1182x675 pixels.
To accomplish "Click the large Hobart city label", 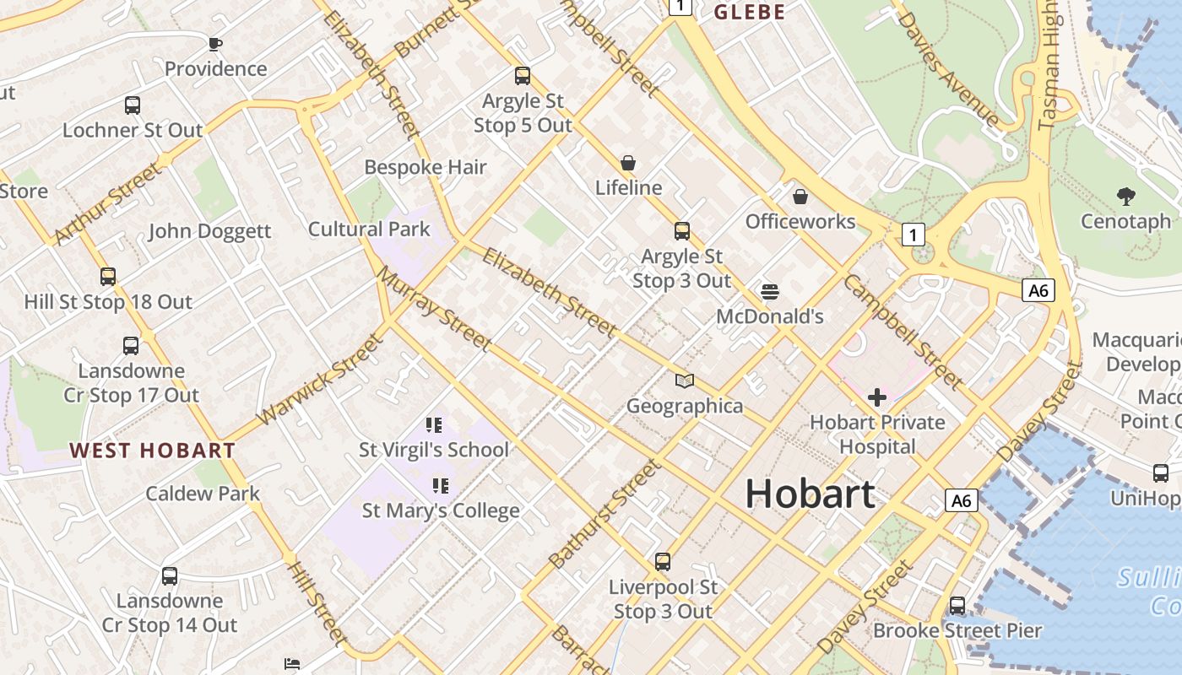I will pos(810,494).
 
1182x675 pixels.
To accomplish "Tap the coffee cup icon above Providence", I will pos(215,43).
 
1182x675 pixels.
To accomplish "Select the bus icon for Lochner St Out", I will pos(133,105).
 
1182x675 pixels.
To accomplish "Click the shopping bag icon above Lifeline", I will pos(628,162).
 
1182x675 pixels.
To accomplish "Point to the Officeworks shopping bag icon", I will pos(800,197).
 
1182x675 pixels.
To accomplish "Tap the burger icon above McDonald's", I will pos(769,292).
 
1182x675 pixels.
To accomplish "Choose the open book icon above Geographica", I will pos(685,381).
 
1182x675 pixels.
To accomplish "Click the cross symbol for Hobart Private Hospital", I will pos(877,397).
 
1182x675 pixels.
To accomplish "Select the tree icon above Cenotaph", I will pos(1125,197).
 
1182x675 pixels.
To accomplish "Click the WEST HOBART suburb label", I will pos(152,451).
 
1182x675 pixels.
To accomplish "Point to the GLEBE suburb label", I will pos(750,12).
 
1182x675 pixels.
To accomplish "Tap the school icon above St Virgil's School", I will pos(434,425).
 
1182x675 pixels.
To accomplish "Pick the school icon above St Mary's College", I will pos(440,485).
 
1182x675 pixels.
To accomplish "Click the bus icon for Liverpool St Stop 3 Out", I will pos(663,561).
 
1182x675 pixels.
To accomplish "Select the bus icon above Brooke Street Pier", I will pos(957,605).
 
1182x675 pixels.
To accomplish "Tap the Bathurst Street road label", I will pos(604,514).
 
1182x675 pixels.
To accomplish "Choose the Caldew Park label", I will pos(203,494).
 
